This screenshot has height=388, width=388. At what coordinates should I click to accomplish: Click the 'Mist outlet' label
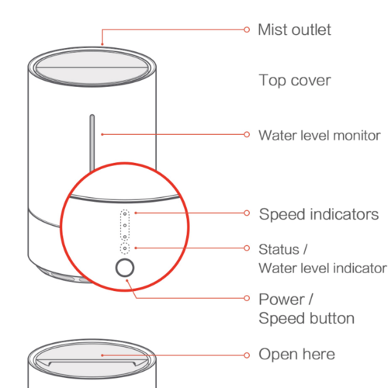(x=294, y=29)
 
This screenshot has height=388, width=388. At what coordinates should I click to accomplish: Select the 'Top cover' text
(x=294, y=80)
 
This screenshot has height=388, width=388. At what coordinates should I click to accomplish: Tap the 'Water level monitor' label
(x=319, y=134)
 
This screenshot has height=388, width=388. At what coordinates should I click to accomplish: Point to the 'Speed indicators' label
(x=318, y=213)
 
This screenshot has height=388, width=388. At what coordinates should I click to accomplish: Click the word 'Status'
(x=278, y=249)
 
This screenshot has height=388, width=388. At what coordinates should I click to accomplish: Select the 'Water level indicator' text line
(x=321, y=268)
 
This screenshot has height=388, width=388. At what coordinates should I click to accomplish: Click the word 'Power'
(x=280, y=300)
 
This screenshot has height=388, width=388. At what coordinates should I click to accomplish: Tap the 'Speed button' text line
(x=306, y=318)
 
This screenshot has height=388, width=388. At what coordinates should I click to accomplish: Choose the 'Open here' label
(x=296, y=354)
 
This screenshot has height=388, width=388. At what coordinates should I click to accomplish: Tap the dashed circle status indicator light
(x=125, y=248)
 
